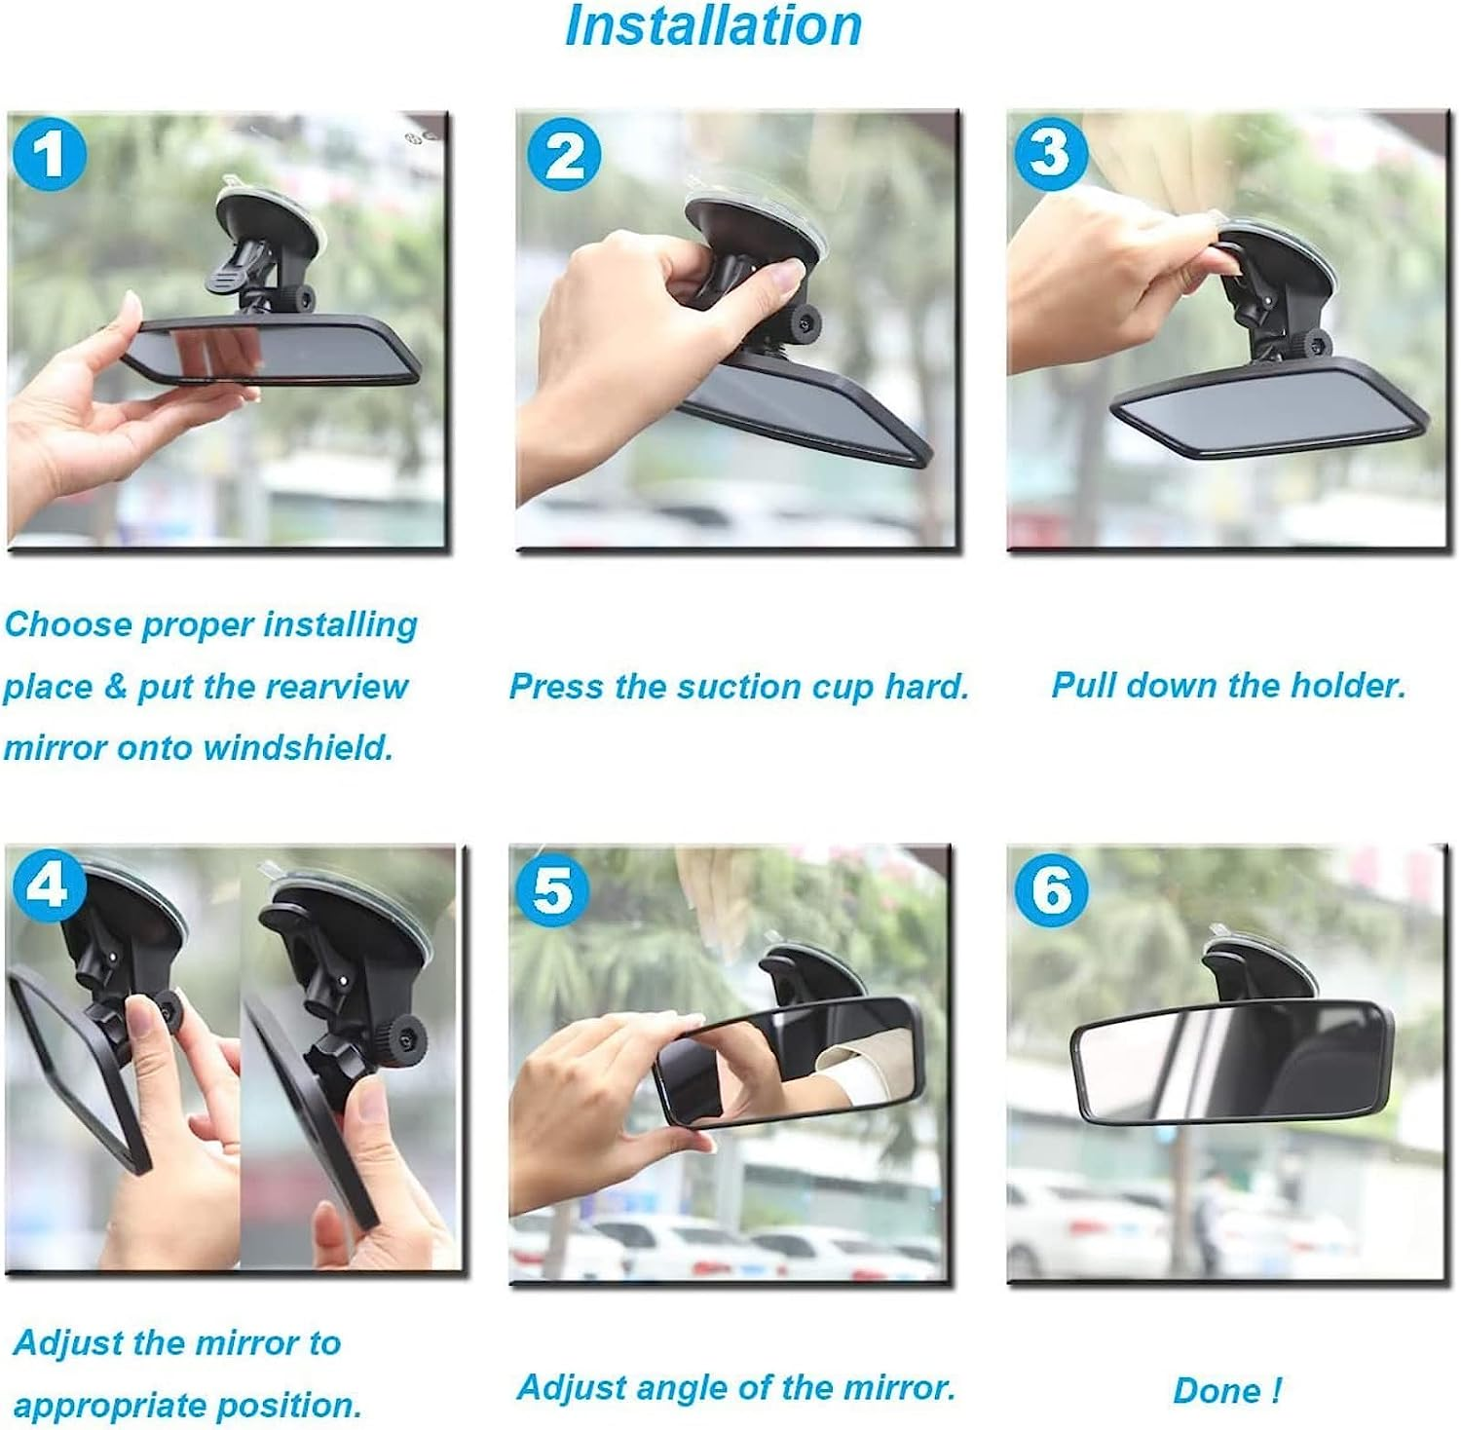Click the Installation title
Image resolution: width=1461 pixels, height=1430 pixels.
[713, 26]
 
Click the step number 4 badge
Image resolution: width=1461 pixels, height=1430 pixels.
[50, 885]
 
